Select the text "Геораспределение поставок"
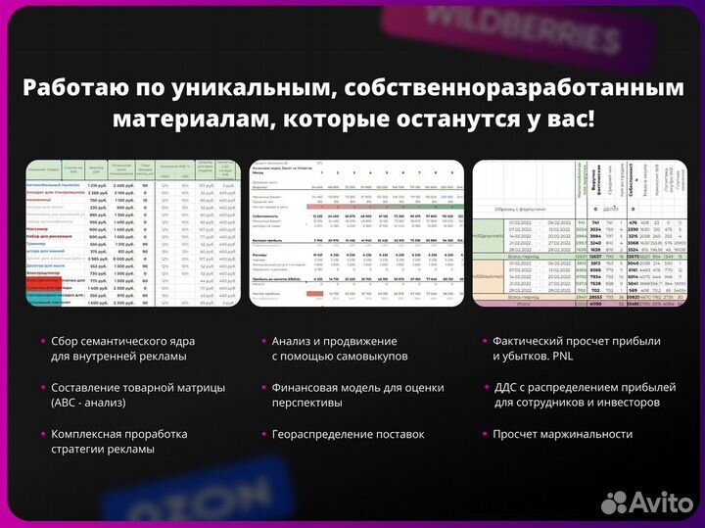[348, 433]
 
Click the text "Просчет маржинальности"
[563, 433]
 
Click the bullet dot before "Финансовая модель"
[262, 388]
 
